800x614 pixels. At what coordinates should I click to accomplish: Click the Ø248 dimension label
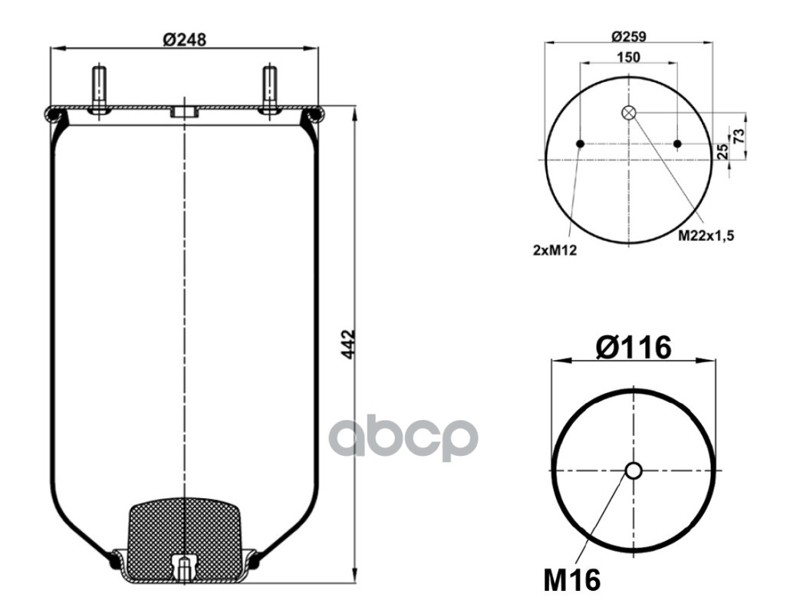(x=184, y=39)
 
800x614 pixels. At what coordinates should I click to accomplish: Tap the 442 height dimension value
(x=348, y=344)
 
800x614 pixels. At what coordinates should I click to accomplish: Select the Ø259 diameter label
(x=629, y=37)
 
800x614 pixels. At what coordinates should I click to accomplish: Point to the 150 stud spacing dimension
(x=629, y=57)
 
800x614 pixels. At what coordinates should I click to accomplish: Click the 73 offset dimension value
(x=739, y=136)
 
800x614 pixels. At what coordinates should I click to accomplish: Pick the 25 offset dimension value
(x=723, y=151)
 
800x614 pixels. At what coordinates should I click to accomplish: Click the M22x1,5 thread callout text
(x=706, y=236)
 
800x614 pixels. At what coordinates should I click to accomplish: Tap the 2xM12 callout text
(x=555, y=250)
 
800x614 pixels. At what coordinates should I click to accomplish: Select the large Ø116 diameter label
(x=633, y=348)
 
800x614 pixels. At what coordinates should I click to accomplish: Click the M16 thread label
(x=572, y=579)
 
